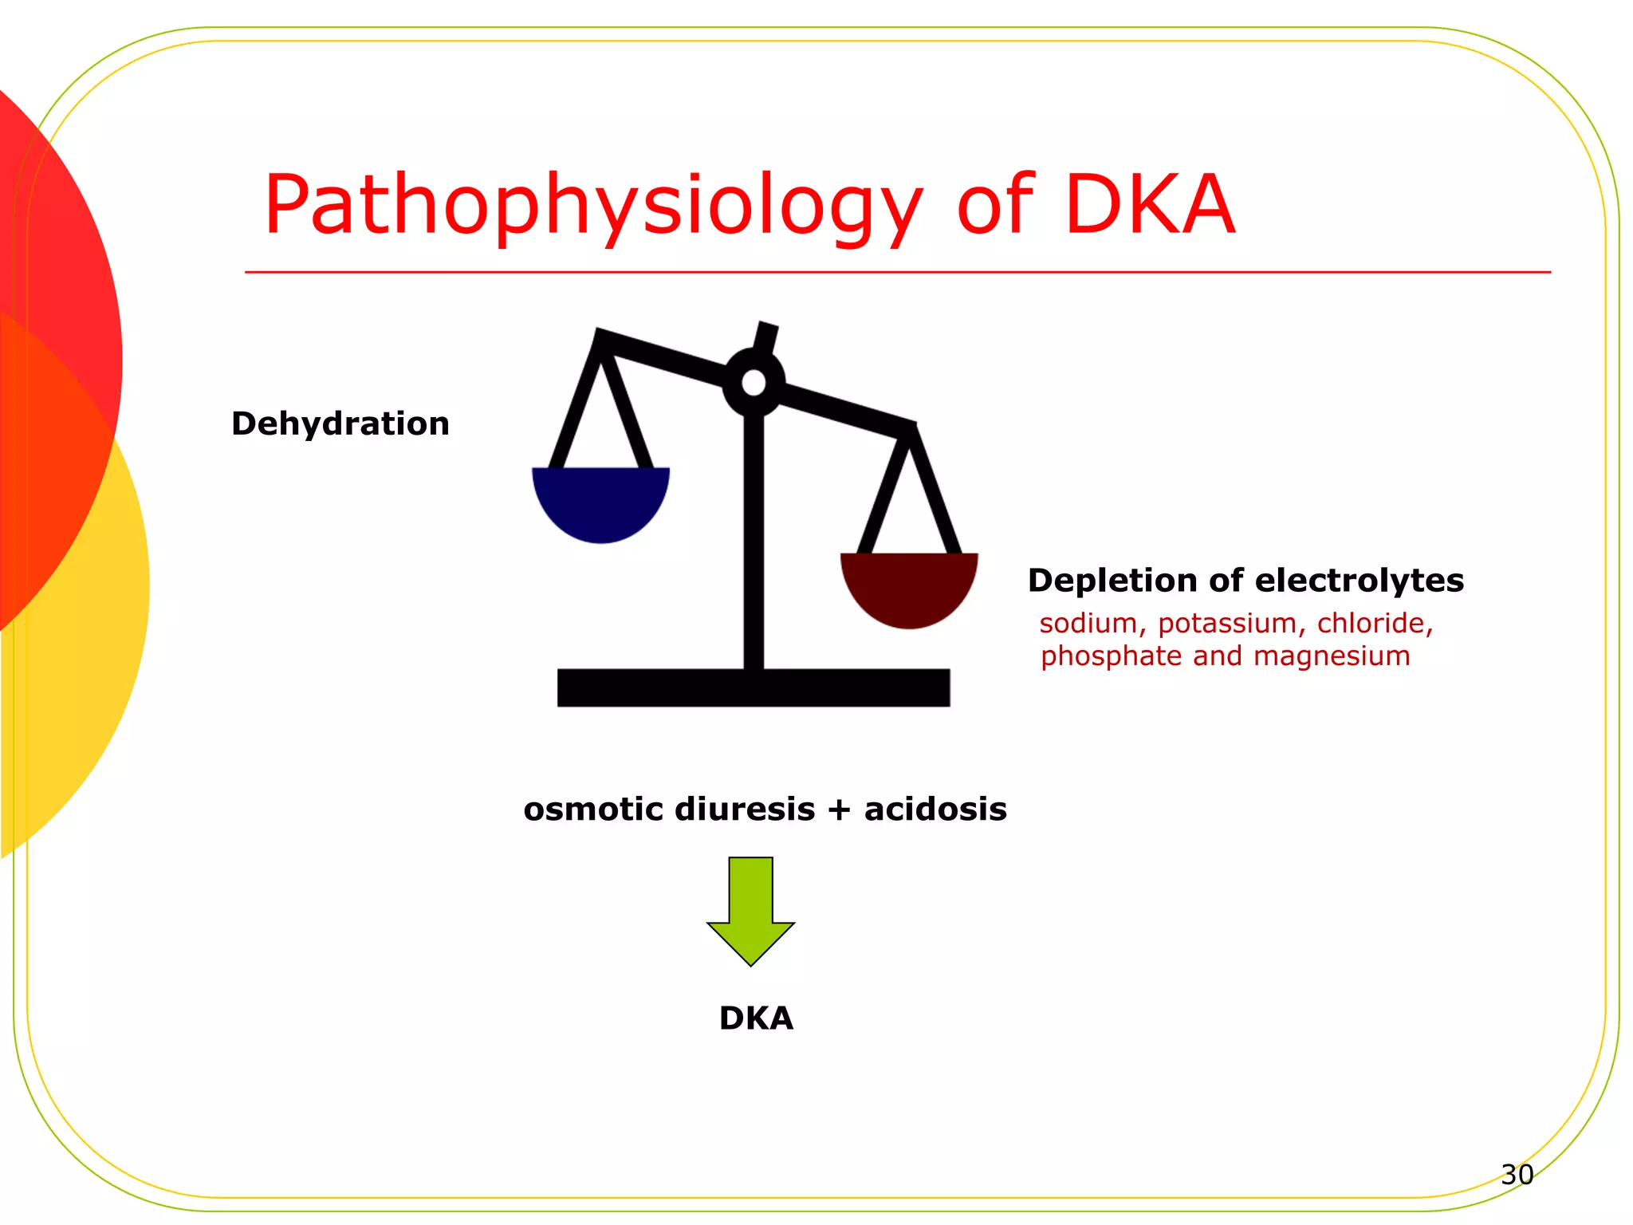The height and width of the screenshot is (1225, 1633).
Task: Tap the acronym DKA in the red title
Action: (1150, 206)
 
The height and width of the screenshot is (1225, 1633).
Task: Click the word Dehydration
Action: (340, 423)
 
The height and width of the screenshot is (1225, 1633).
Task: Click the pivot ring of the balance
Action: (754, 383)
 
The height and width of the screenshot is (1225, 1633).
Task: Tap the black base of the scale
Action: (754, 687)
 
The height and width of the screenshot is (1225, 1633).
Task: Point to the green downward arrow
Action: (750, 909)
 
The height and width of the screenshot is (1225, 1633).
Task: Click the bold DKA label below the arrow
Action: (756, 1018)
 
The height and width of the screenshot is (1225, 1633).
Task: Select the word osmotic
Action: (593, 809)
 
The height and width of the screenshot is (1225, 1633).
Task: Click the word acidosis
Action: (935, 809)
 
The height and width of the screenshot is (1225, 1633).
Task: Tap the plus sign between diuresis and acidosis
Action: (839, 810)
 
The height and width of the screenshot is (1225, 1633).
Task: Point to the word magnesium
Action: (1332, 656)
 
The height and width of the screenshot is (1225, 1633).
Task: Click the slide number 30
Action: (1517, 1175)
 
